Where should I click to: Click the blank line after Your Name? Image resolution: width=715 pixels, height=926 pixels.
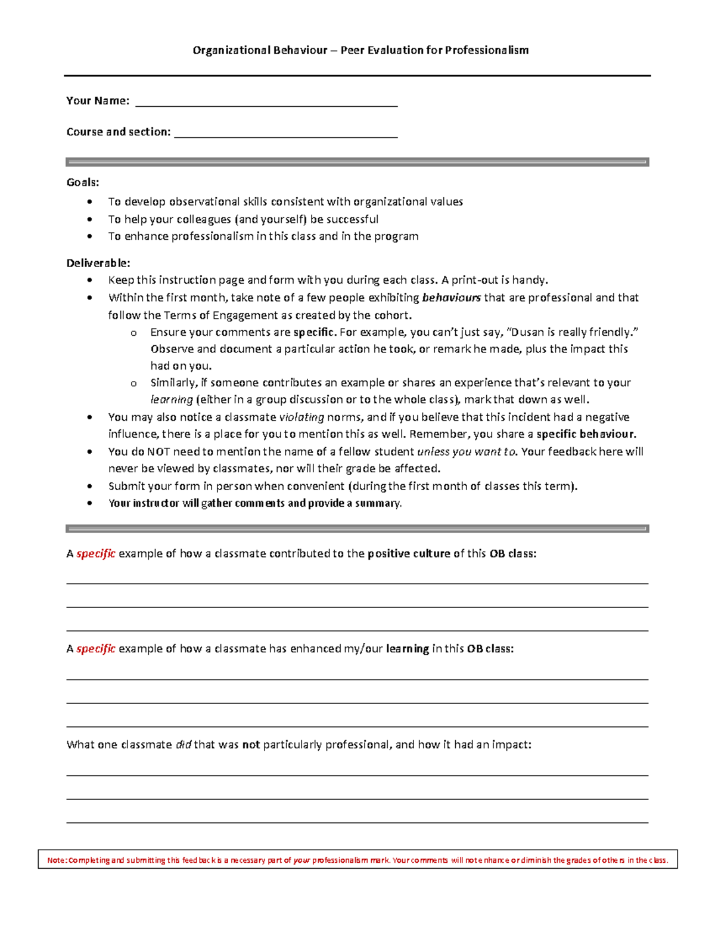(266, 102)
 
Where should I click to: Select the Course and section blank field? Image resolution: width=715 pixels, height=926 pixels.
(285, 133)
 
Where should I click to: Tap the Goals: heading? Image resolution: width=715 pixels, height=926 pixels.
(83, 182)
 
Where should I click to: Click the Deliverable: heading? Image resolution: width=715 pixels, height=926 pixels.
(98, 263)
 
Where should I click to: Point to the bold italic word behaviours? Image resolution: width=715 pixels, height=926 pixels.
(451, 298)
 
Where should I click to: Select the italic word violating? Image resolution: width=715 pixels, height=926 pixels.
(301, 417)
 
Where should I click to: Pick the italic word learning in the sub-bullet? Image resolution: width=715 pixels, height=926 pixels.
(172, 400)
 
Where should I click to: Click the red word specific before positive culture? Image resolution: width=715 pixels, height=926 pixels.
(96, 554)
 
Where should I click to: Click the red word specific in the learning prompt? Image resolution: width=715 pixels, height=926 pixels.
(96, 649)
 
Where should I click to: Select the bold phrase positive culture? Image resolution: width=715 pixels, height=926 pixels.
(409, 554)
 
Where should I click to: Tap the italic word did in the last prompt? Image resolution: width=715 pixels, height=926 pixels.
(184, 745)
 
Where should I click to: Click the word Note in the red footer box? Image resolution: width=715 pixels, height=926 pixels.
(57, 860)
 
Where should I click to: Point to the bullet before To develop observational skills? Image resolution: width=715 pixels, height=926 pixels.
(90, 202)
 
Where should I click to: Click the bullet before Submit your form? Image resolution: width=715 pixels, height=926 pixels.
(90, 487)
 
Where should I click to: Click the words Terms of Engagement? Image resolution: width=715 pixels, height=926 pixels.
(222, 315)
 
